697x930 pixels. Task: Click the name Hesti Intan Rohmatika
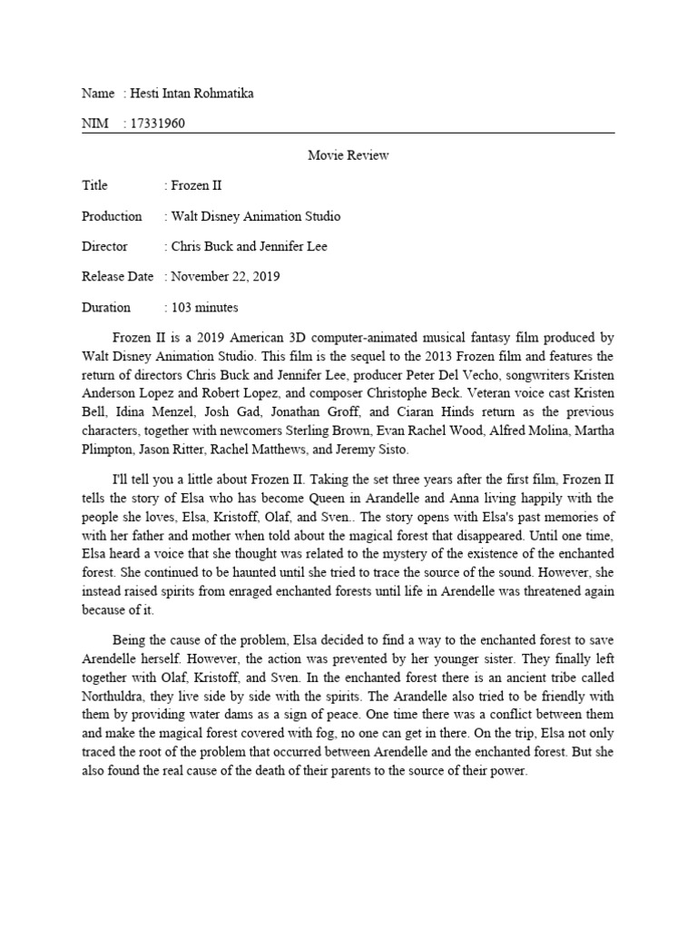[192, 94]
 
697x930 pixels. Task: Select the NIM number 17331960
[158, 124]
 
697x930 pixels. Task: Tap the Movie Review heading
[348, 155]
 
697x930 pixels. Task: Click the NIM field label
[94, 124]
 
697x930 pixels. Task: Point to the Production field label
[112, 216]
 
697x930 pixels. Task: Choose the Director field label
[104, 246]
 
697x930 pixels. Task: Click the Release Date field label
[117, 276]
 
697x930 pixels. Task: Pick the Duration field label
[106, 307]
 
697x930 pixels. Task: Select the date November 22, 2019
[226, 276]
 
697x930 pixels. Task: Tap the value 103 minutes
[204, 307]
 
